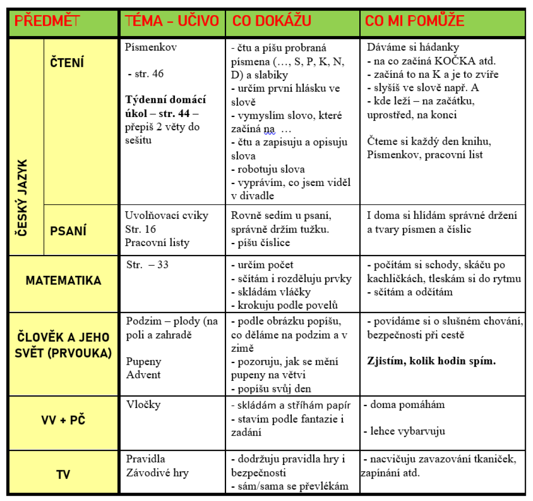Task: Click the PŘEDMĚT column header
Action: point(47,21)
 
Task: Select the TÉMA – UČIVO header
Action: point(172,21)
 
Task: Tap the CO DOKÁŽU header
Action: point(271,21)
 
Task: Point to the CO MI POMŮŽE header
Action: point(414,21)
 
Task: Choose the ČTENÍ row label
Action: point(67,62)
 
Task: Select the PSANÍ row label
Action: point(68,231)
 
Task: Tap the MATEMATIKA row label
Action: point(64,280)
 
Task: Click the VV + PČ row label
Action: point(63,420)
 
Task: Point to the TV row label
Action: point(63,474)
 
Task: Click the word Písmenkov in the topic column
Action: point(151,47)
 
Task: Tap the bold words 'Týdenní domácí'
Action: point(165,100)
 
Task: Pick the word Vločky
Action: point(143,404)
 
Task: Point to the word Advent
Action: point(143,375)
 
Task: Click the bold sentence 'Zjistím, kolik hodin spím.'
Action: point(431,361)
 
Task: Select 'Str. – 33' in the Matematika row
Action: point(147,265)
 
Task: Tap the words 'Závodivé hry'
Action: point(157,473)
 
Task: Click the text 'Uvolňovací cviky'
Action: point(166,216)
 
